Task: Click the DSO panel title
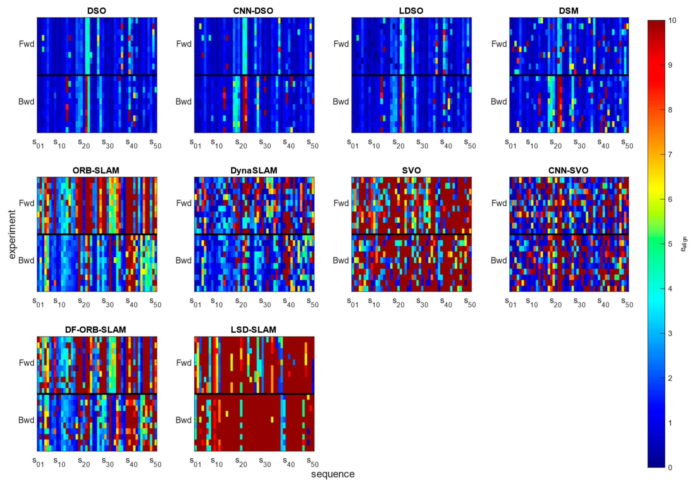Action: [x=97, y=11]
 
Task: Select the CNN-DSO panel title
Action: [x=253, y=11]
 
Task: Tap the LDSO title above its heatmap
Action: [x=411, y=11]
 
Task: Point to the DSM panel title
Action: [x=568, y=11]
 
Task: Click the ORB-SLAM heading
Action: [x=96, y=170]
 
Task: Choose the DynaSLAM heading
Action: [x=254, y=170]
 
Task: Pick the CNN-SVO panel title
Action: [x=568, y=170]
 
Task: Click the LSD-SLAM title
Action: [x=253, y=330]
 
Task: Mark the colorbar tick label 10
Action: [x=672, y=20]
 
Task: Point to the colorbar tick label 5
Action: [x=670, y=244]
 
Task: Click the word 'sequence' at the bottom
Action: [x=332, y=474]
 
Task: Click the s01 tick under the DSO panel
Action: [x=38, y=144]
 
